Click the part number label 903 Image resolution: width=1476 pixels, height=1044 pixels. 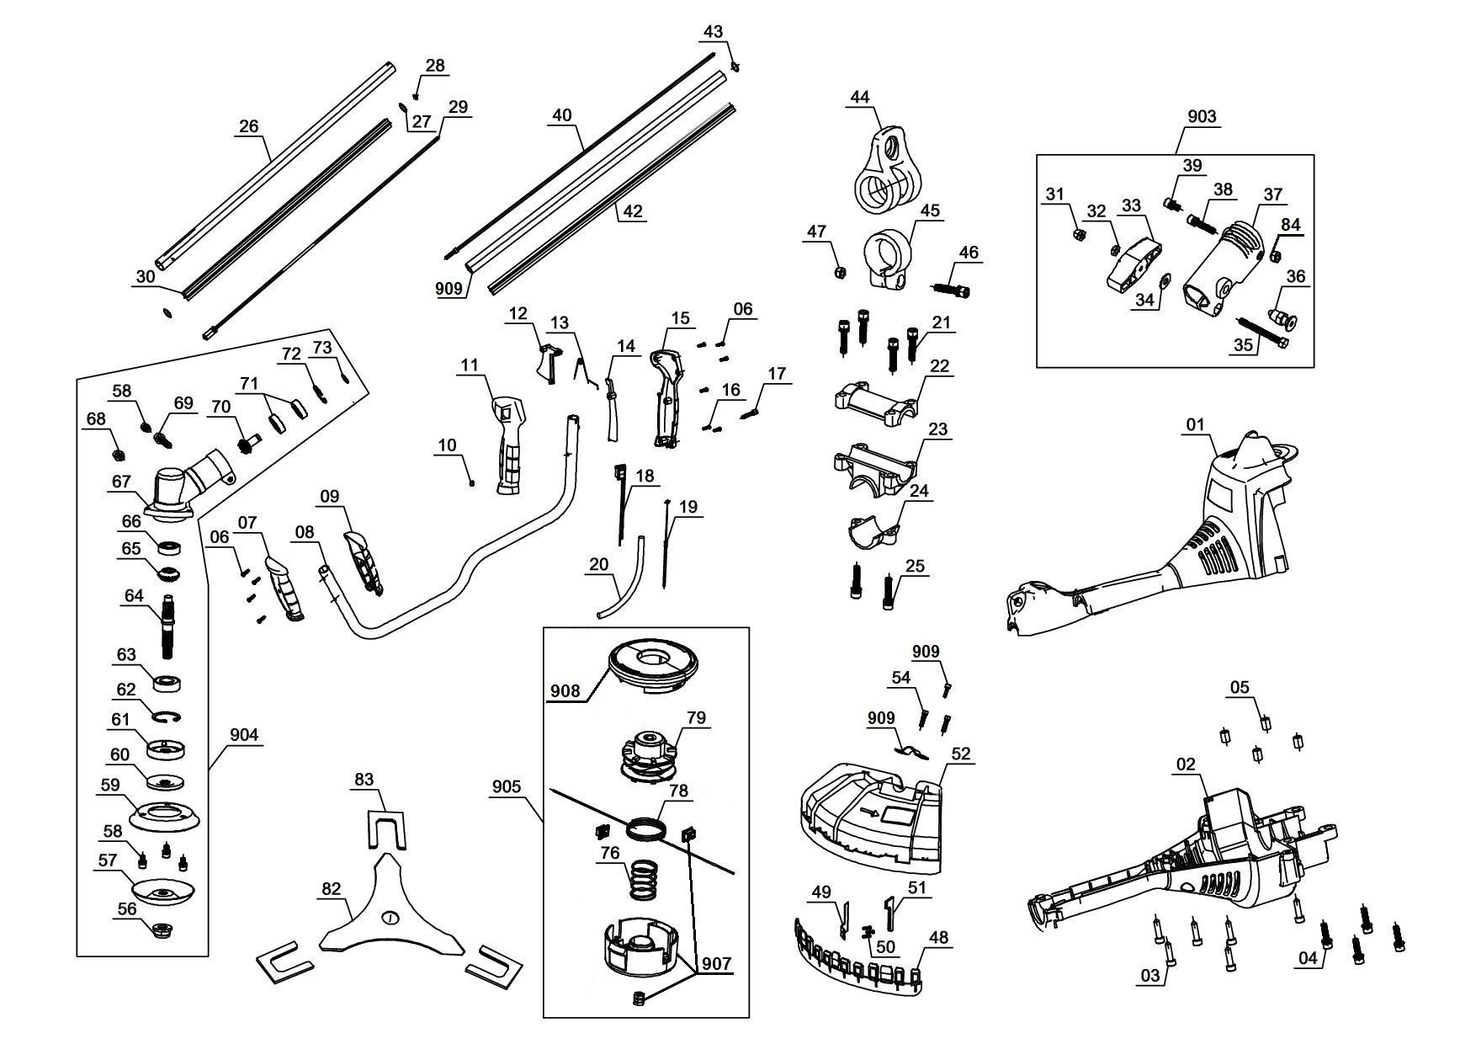[x=1201, y=116]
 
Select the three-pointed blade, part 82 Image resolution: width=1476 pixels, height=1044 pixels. [x=389, y=911]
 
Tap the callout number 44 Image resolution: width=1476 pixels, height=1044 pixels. [x=859, y=97]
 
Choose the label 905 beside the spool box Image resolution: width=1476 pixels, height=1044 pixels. [x=507, y=786]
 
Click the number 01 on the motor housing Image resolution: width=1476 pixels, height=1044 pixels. [x=1196, y=424]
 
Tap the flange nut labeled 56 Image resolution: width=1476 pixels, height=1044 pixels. [x=159, y=930]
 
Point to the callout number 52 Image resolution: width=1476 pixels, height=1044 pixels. [x=960, y=754]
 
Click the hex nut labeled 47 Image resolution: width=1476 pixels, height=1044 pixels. [x=839, y=273]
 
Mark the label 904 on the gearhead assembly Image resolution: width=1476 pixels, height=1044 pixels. [x=244, y=735]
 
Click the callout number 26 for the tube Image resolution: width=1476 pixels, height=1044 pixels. [x=249, y=126]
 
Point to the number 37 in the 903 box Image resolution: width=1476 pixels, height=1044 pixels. [x=1273, y=194]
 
